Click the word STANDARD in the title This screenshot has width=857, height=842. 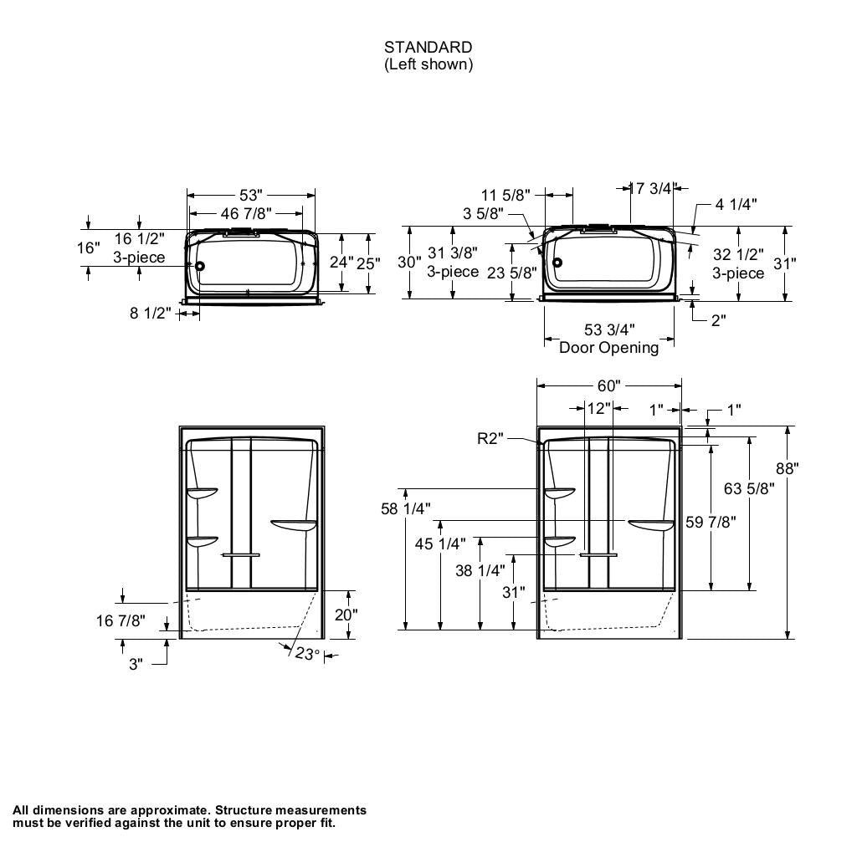(428, 48)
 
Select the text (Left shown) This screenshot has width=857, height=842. (428, 64)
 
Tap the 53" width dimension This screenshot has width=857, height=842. (251, 195)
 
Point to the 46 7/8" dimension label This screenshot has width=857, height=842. (246, 214)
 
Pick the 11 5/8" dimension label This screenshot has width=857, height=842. (506, 196)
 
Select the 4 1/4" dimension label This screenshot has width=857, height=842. (736, 204)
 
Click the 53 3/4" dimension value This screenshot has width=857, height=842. (608, 330)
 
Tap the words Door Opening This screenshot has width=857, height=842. (608, 347)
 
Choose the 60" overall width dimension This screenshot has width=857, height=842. (608, 385)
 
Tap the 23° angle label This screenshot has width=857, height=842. (307, 654)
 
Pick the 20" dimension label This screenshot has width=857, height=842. (346, 615)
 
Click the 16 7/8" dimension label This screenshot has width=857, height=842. (121, 620)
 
